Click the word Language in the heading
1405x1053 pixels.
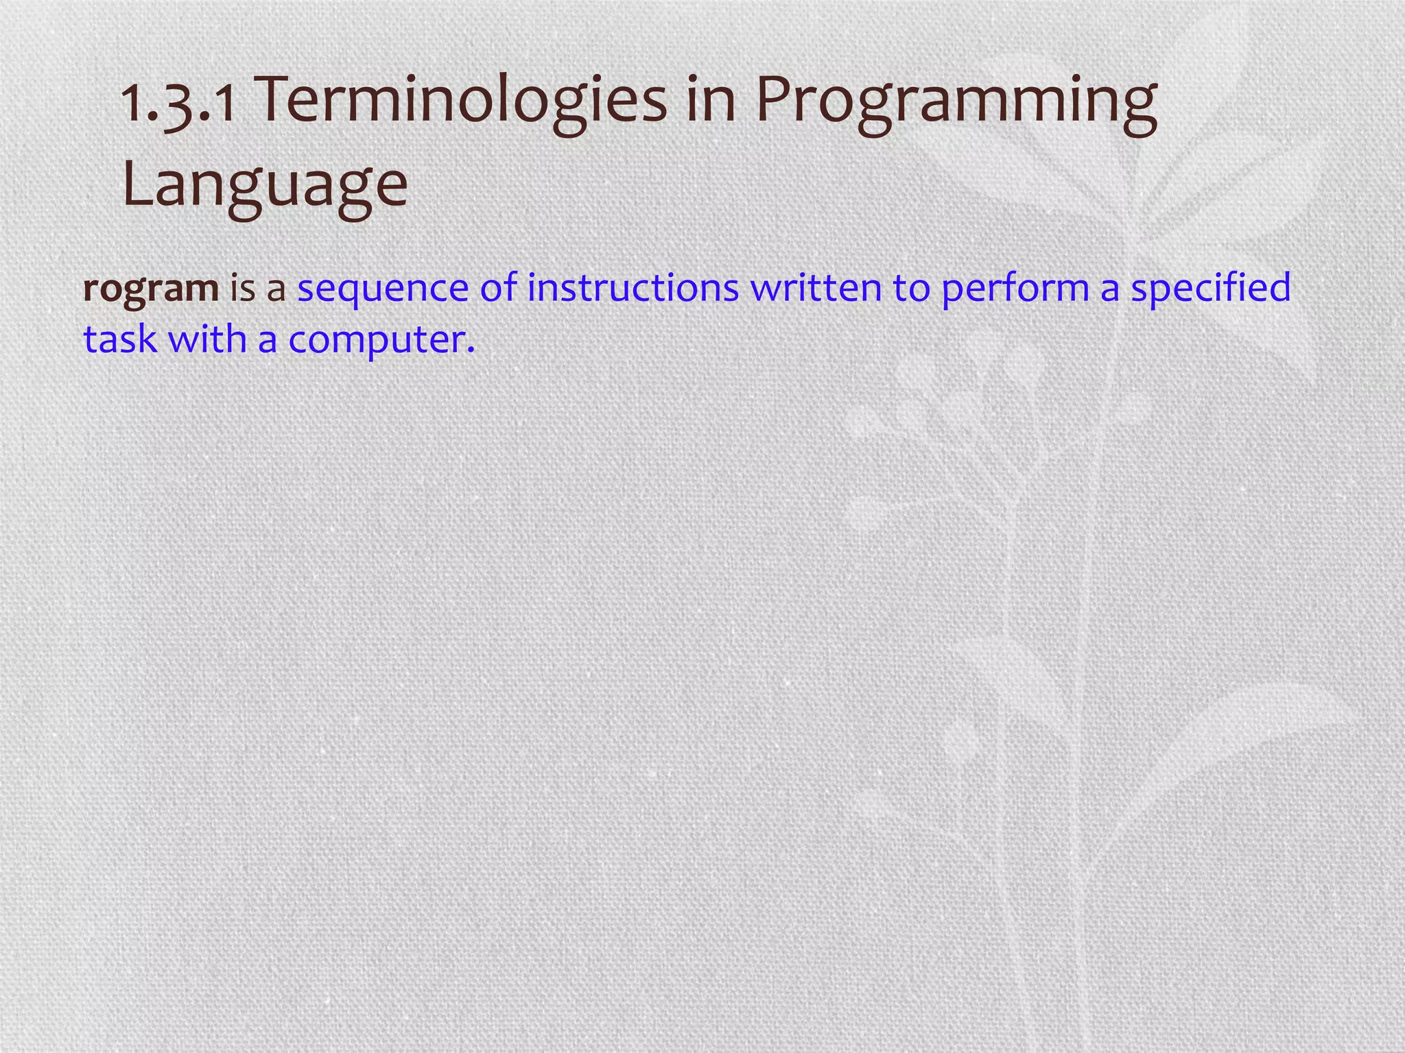pyautogui.click(x=265, y=185)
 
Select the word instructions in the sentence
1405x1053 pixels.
pyautogui.click(x=633, y=287)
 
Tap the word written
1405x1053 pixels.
pyautogui.click(x=816, y=287)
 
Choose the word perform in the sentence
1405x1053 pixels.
pyautogui.click(x=1015, y=289)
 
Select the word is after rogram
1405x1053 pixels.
pyautogui.click(x=241, y=287)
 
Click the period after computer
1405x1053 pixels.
pyautogui.click(x=470, y=350)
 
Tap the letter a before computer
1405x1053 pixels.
pyautogui.click(x=268, y=342)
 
